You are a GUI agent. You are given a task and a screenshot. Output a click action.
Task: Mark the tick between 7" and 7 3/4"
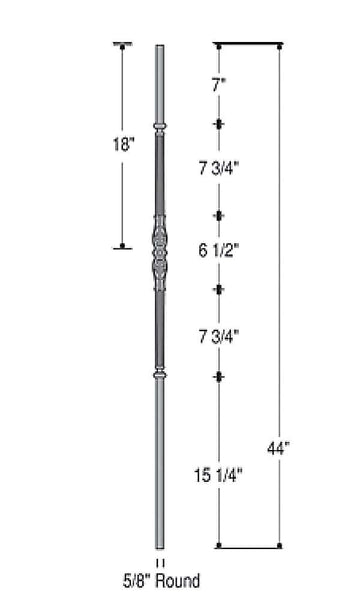tap(219, 124)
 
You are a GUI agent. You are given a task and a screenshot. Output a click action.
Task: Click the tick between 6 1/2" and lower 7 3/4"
tap(219, 289)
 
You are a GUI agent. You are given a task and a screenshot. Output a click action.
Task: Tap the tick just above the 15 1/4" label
tap(219, 376)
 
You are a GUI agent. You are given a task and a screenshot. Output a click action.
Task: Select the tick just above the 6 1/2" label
tap(219, 215)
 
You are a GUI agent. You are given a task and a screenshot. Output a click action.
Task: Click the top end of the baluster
tap(158, 47)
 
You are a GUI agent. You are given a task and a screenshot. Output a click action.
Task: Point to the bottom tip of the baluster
tap(158, 548)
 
